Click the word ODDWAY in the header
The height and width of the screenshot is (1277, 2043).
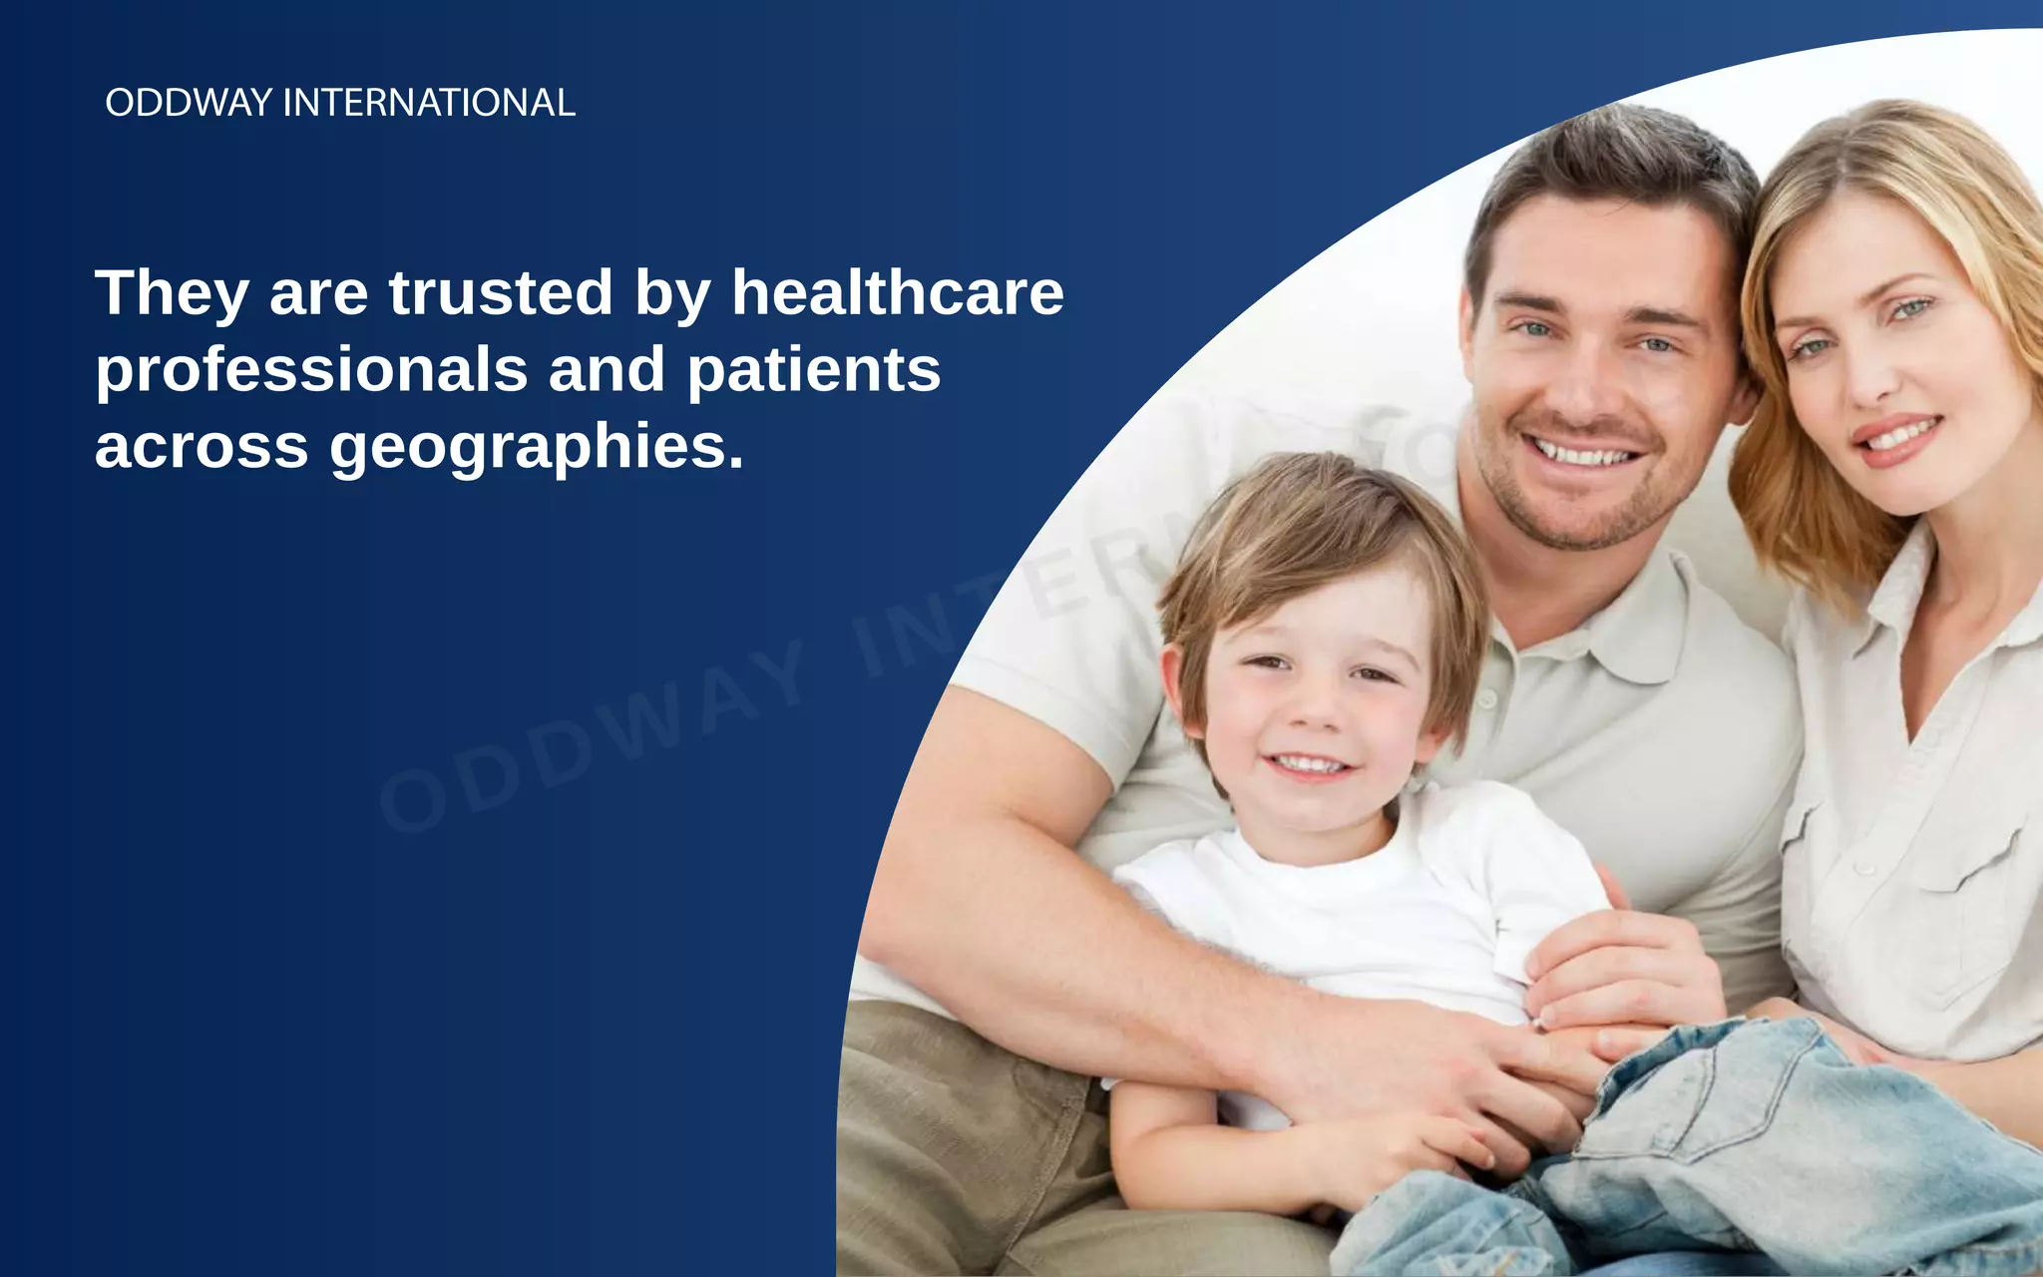click(189, 103)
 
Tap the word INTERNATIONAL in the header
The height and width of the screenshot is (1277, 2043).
click(429, 103)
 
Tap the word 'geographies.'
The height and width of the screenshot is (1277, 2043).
click(537, 447)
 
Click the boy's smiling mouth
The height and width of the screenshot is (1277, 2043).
click(1310, 766)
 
